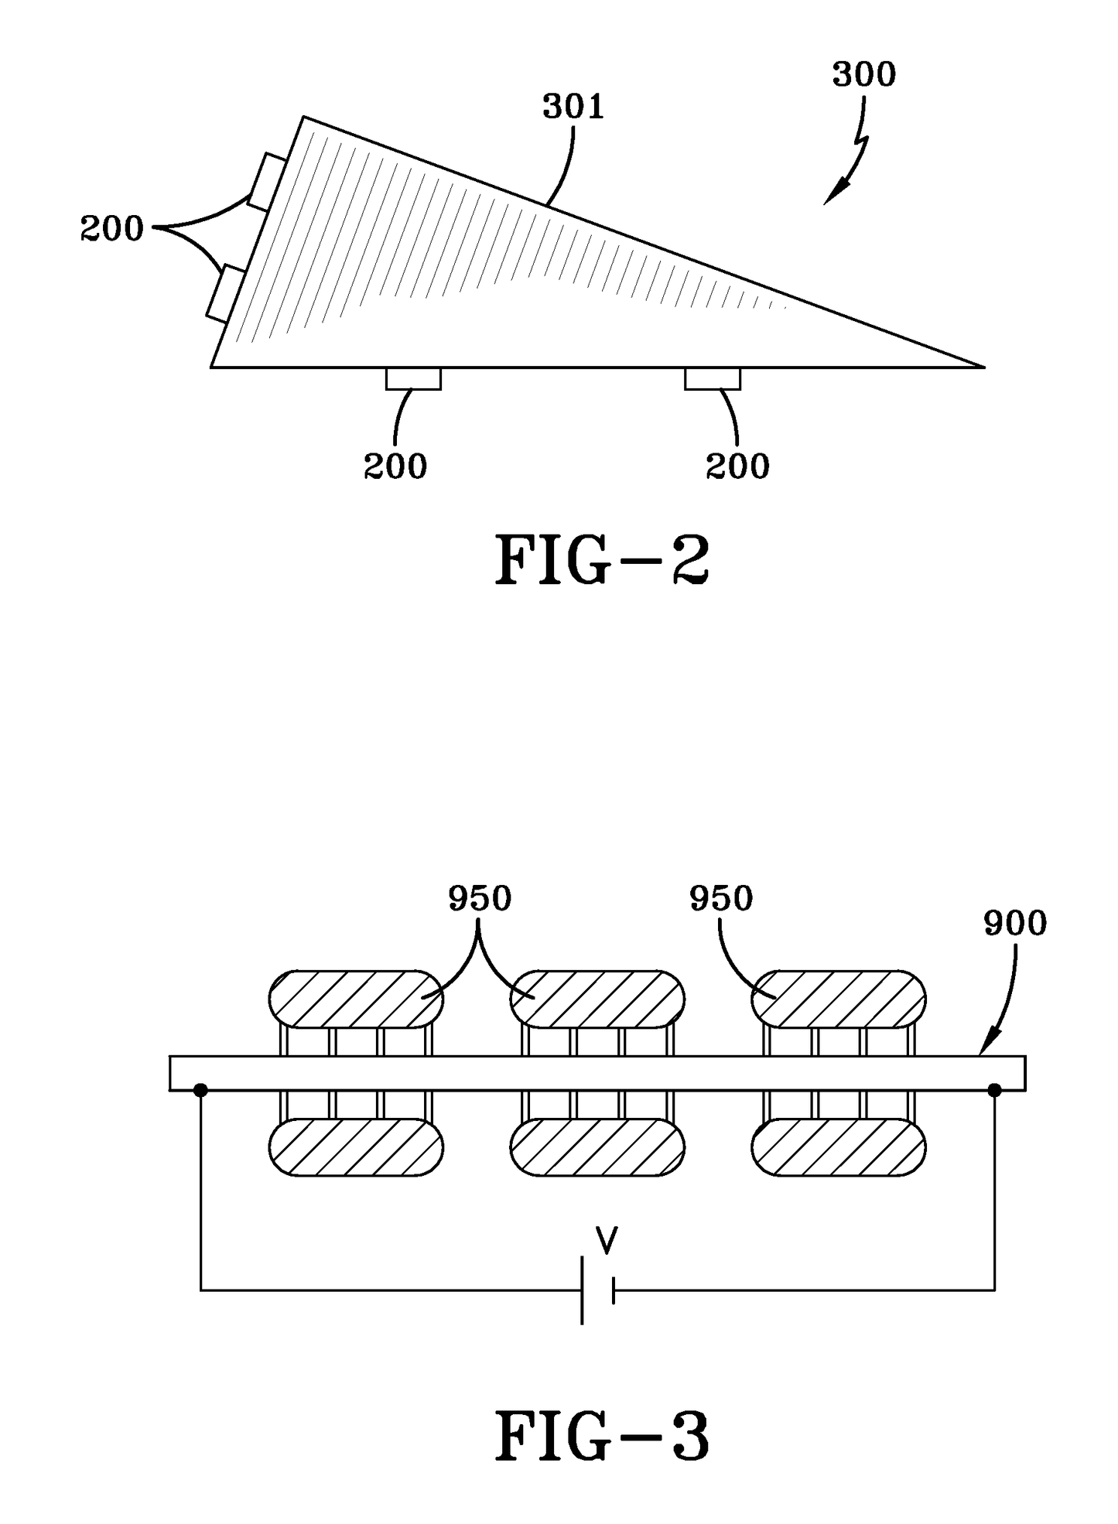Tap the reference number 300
tap(863, 75)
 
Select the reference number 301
tap(573, 108)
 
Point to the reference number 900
tap(1014, 923)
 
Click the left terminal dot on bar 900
tap(200, 1090)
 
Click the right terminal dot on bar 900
tap(994, 1090)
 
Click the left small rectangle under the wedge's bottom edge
tap(413, 379)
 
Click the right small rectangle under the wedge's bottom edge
tap(712, 379)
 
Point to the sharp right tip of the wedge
tap(981, 367)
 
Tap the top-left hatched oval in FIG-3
tap(356, 998)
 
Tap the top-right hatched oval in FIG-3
tap(839, 998)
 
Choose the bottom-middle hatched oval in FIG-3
tap(597, 1147)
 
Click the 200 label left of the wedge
tap(112, 229)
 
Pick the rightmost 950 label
tap(721, 899)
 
